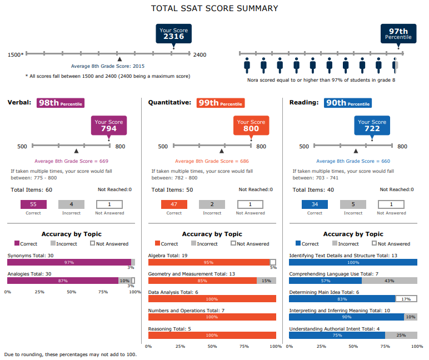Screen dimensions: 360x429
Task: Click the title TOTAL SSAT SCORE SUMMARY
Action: (214, 8)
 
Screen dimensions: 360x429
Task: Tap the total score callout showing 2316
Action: (173, 33)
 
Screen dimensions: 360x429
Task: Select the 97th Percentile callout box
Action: (398, 34)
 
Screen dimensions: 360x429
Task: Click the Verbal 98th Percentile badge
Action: (61, 103)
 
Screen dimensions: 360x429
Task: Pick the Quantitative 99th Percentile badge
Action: (221, 103)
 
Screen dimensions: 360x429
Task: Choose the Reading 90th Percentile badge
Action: (349, 103)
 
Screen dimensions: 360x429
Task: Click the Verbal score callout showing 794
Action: (109, 126)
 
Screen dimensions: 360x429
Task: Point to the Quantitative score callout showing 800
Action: (251, 126)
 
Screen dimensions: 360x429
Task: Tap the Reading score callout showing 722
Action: (372, 126)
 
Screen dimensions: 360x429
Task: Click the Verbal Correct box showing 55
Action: (33, 204)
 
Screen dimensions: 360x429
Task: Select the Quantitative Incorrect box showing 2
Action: (212, 204)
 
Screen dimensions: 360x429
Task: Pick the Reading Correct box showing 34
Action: (315, 204)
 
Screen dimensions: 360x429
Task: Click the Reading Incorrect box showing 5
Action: (353, 204)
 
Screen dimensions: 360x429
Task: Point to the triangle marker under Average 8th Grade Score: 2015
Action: (119, 59)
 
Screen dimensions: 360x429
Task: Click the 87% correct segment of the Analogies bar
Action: (62, 281)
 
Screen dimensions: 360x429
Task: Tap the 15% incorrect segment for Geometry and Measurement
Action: (266, 281)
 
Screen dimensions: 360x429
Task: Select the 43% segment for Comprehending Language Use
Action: (389, 281)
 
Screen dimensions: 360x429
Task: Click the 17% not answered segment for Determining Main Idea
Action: (406, 298)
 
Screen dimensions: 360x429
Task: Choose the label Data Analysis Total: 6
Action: (173, 292)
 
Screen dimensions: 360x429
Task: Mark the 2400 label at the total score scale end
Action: (199, 54)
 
